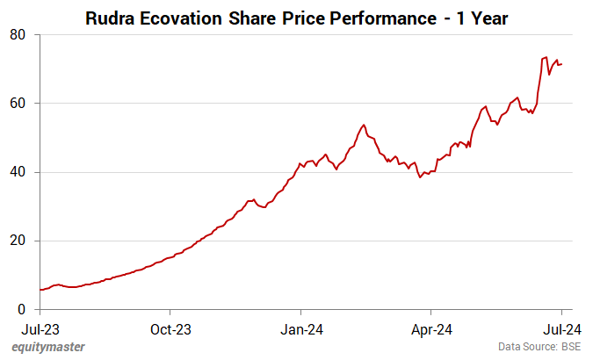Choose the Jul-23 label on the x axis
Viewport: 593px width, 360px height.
(40, 329)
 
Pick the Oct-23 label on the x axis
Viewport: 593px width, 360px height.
(170, 329)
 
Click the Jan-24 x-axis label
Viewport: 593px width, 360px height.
(301, 329)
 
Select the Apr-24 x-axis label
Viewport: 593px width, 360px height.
(431, 329)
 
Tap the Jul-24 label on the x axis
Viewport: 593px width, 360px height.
(561, 329)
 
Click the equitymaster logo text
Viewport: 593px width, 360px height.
(48, 347)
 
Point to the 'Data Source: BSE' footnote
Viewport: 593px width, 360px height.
(539, 347)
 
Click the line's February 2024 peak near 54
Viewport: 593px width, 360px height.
(364, 125)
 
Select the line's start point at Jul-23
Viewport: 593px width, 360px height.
(40, 290)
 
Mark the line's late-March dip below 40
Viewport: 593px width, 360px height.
(420, 177)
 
